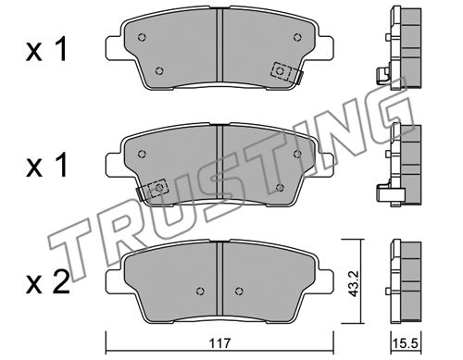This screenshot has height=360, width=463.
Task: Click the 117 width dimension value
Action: (x=219, y=343)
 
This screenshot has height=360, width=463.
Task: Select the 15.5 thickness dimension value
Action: (x=407, y=343)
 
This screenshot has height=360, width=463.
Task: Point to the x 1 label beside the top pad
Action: (x=46, y=51)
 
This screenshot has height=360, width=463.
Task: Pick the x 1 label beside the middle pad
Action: (x=46, y=166)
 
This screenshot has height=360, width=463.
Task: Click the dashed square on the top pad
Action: (x=280, y=71)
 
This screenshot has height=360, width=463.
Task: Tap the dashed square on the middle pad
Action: (x=158, y=188)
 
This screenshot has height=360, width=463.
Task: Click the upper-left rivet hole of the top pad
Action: (x=142, y=37)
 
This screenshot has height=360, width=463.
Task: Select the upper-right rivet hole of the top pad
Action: (x=297, y=37)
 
